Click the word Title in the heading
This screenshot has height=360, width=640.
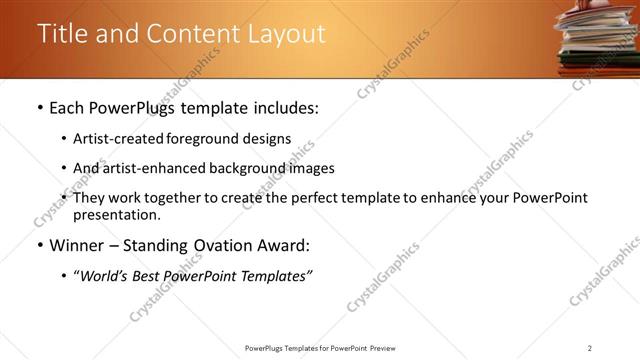pos(62,34)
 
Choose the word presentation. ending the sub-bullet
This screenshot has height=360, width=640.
pos(116,214)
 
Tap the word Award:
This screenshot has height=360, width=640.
pos(290,245)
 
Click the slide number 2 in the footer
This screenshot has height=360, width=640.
pos(590,348)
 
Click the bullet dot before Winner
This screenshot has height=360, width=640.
pos(39,246)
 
